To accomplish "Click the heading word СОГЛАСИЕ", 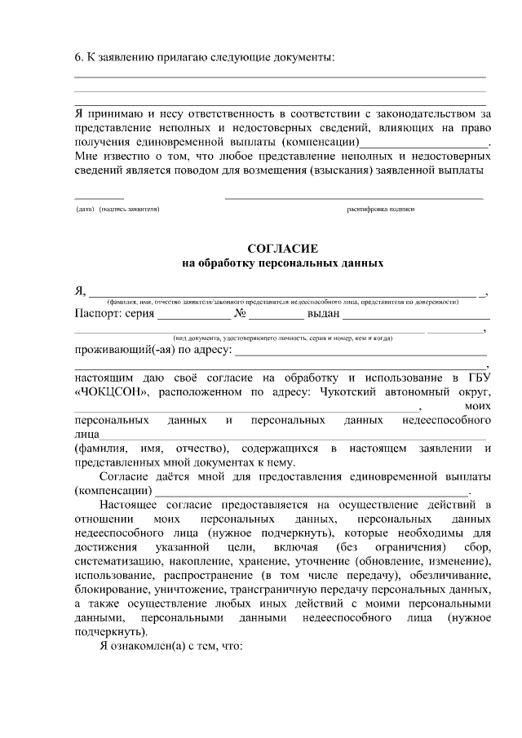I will tap(281, 247).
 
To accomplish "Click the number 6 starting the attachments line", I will tap(77, 57).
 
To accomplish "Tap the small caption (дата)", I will tap(85, 210).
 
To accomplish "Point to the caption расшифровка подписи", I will tap(380, 210).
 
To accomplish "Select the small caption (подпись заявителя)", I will tap(129, 210).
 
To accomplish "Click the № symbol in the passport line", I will tap(240, 314).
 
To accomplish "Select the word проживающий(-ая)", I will tap(126, 351).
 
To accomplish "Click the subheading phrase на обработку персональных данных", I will tap(281, 263).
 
